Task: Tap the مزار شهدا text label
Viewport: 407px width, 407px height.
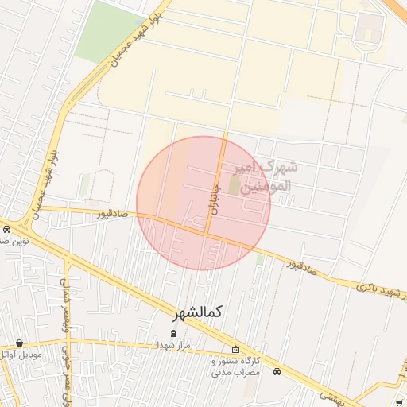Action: (171, 346)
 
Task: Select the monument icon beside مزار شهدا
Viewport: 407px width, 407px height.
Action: (175, 333)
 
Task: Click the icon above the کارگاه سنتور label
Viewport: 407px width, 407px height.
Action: (235, 350)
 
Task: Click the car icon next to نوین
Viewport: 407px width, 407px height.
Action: (7, 230)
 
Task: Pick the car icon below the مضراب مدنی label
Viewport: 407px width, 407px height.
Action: (277, 372)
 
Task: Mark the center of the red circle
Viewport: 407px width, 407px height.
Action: (203, 203)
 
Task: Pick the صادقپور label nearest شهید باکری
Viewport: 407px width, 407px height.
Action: (302, 267)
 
